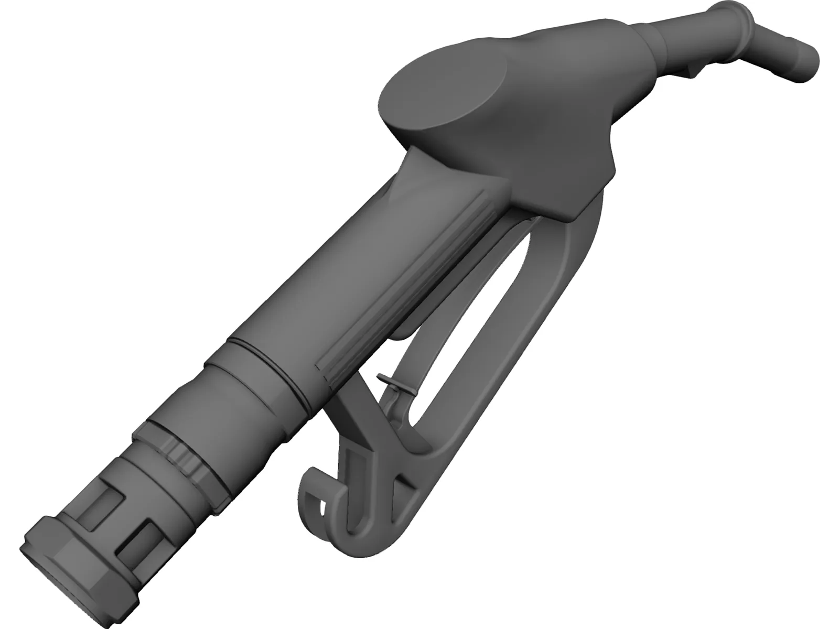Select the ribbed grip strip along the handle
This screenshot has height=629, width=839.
(419, 278)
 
